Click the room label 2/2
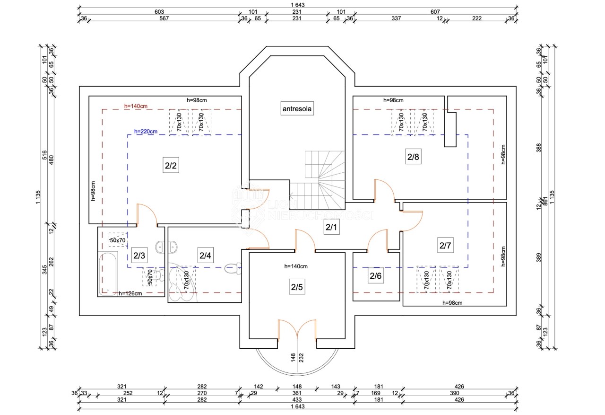(x=171, y=166)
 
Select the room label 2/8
(x=413, y=157)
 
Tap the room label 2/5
(x=296, y=287)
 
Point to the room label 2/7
(x=446, y=246)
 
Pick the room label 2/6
(x=375, y=275)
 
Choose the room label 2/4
(x=205, y=256)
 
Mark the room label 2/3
(x=139, y=256)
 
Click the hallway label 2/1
(x=331, y=227)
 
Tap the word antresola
(x=297, y=109)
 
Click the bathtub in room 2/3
(x=108, y=273)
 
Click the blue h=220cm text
(x=146, y=132)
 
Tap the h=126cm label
(x=130, y=293)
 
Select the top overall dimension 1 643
(x=297, y=5)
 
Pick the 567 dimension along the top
(x=164, y=18)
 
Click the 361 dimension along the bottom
(x=297, y=393)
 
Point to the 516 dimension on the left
(x=44, y=155)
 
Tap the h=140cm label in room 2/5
(x=296, y=266)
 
